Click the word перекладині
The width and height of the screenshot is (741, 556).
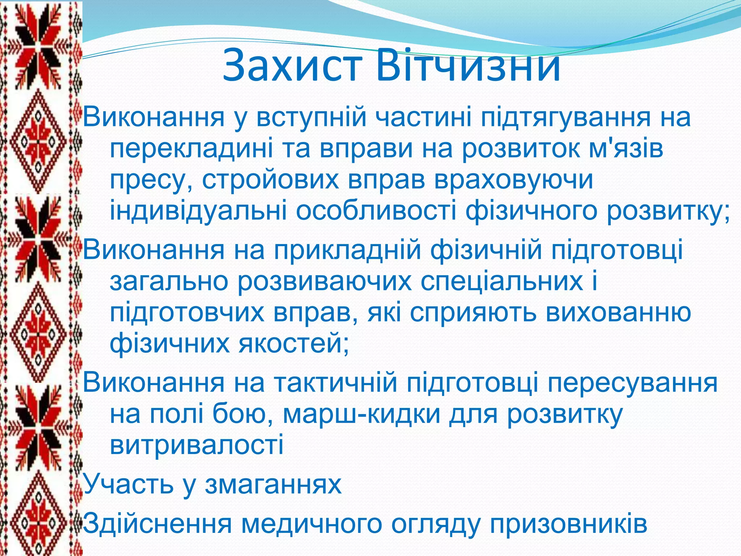[x=192, y=149]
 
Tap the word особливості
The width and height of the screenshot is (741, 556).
[x=376, y=211]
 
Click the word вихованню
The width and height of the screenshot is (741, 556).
[x=618, y=312]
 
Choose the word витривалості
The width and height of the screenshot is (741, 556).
[x=196, y=445]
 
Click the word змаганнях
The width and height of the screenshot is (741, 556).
[x=273, y=484]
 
